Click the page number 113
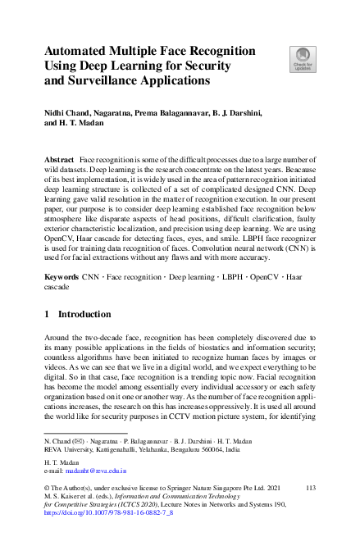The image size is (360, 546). coord(310,487)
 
